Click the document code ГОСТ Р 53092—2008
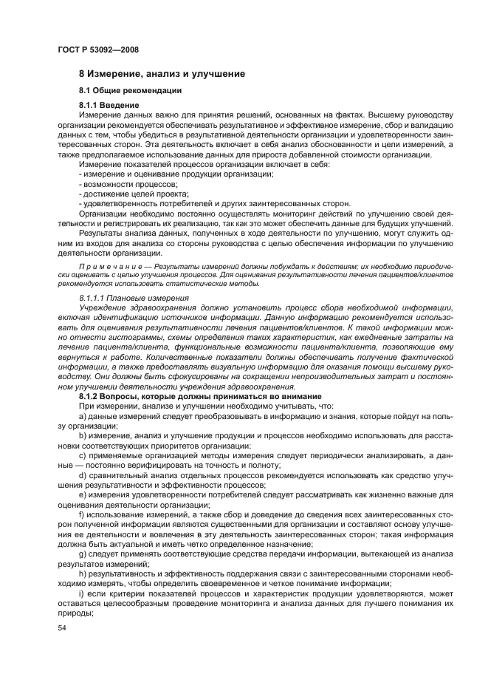(x=97, y=50)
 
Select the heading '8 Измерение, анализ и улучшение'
(x=162, y=74)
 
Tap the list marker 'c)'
(x=83, y=455)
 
